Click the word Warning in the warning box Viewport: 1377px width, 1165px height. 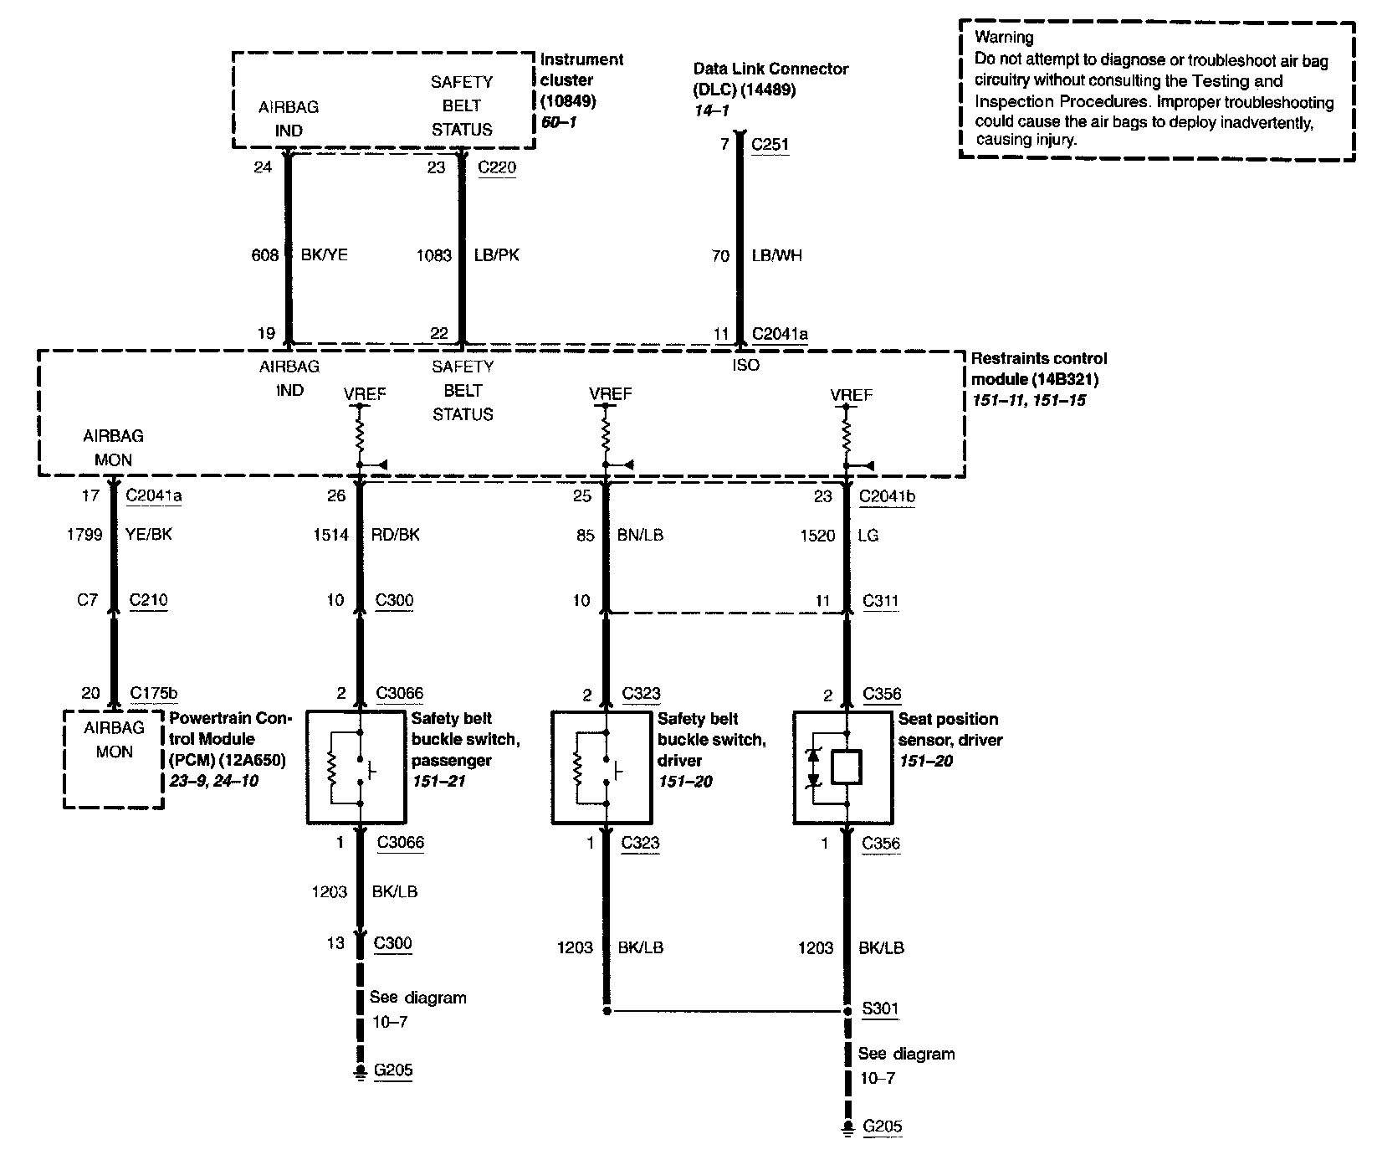(x=1003, y=37)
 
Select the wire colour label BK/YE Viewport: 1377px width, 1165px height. (x=324, y=255)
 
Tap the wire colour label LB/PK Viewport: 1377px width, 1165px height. (x=496, y=255)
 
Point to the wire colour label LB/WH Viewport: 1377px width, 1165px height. (x=776, y=256)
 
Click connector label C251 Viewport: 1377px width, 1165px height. (x=770, y=145)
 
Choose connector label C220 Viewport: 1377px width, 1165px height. (x=497, y=167)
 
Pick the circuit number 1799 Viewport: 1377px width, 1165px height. (x=84, y=535)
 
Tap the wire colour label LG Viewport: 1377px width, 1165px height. (x=868, y=536)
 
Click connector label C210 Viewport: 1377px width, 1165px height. (x=149, y=600)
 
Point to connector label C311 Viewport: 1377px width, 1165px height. (x=880, y=601)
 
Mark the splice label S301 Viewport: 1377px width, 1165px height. (x=880, y=1008)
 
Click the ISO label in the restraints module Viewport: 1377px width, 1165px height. (x=746, y=366)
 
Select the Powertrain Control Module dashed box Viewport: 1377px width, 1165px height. (x=114, y=759)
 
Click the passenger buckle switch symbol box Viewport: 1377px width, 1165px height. (x=356, y=767)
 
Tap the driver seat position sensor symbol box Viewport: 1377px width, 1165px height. (x=842, y=767)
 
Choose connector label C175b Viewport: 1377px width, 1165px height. (x=154, y=694)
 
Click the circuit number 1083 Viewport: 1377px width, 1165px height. (x=434, y=256)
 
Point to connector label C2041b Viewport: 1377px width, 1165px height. (x=887, y=497)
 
